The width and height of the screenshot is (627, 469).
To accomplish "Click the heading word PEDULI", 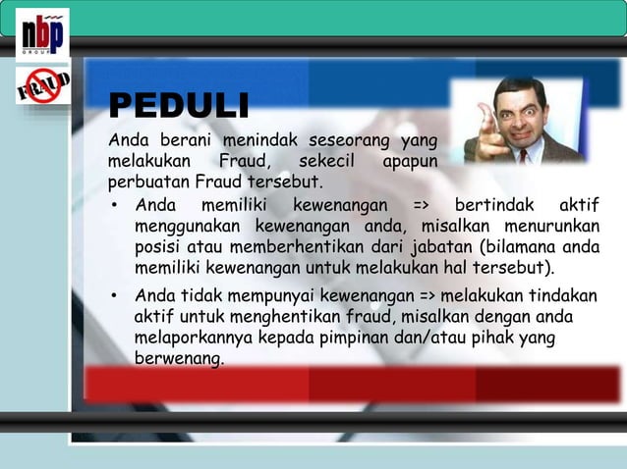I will [x=178, y=105].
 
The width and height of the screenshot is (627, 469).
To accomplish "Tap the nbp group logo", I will [x=42, y=35].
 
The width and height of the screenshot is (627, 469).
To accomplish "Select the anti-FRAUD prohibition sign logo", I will [x=41, y=85].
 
